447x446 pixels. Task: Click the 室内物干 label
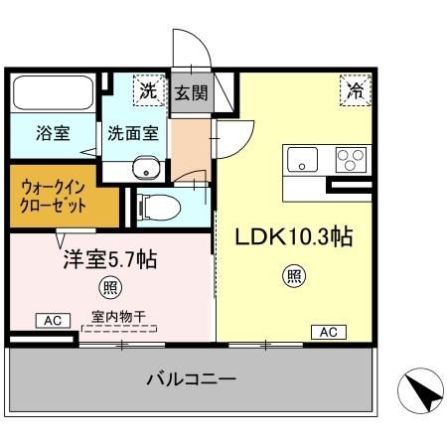(x=118, y=317)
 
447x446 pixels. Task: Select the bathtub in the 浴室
(x=51, y=94)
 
